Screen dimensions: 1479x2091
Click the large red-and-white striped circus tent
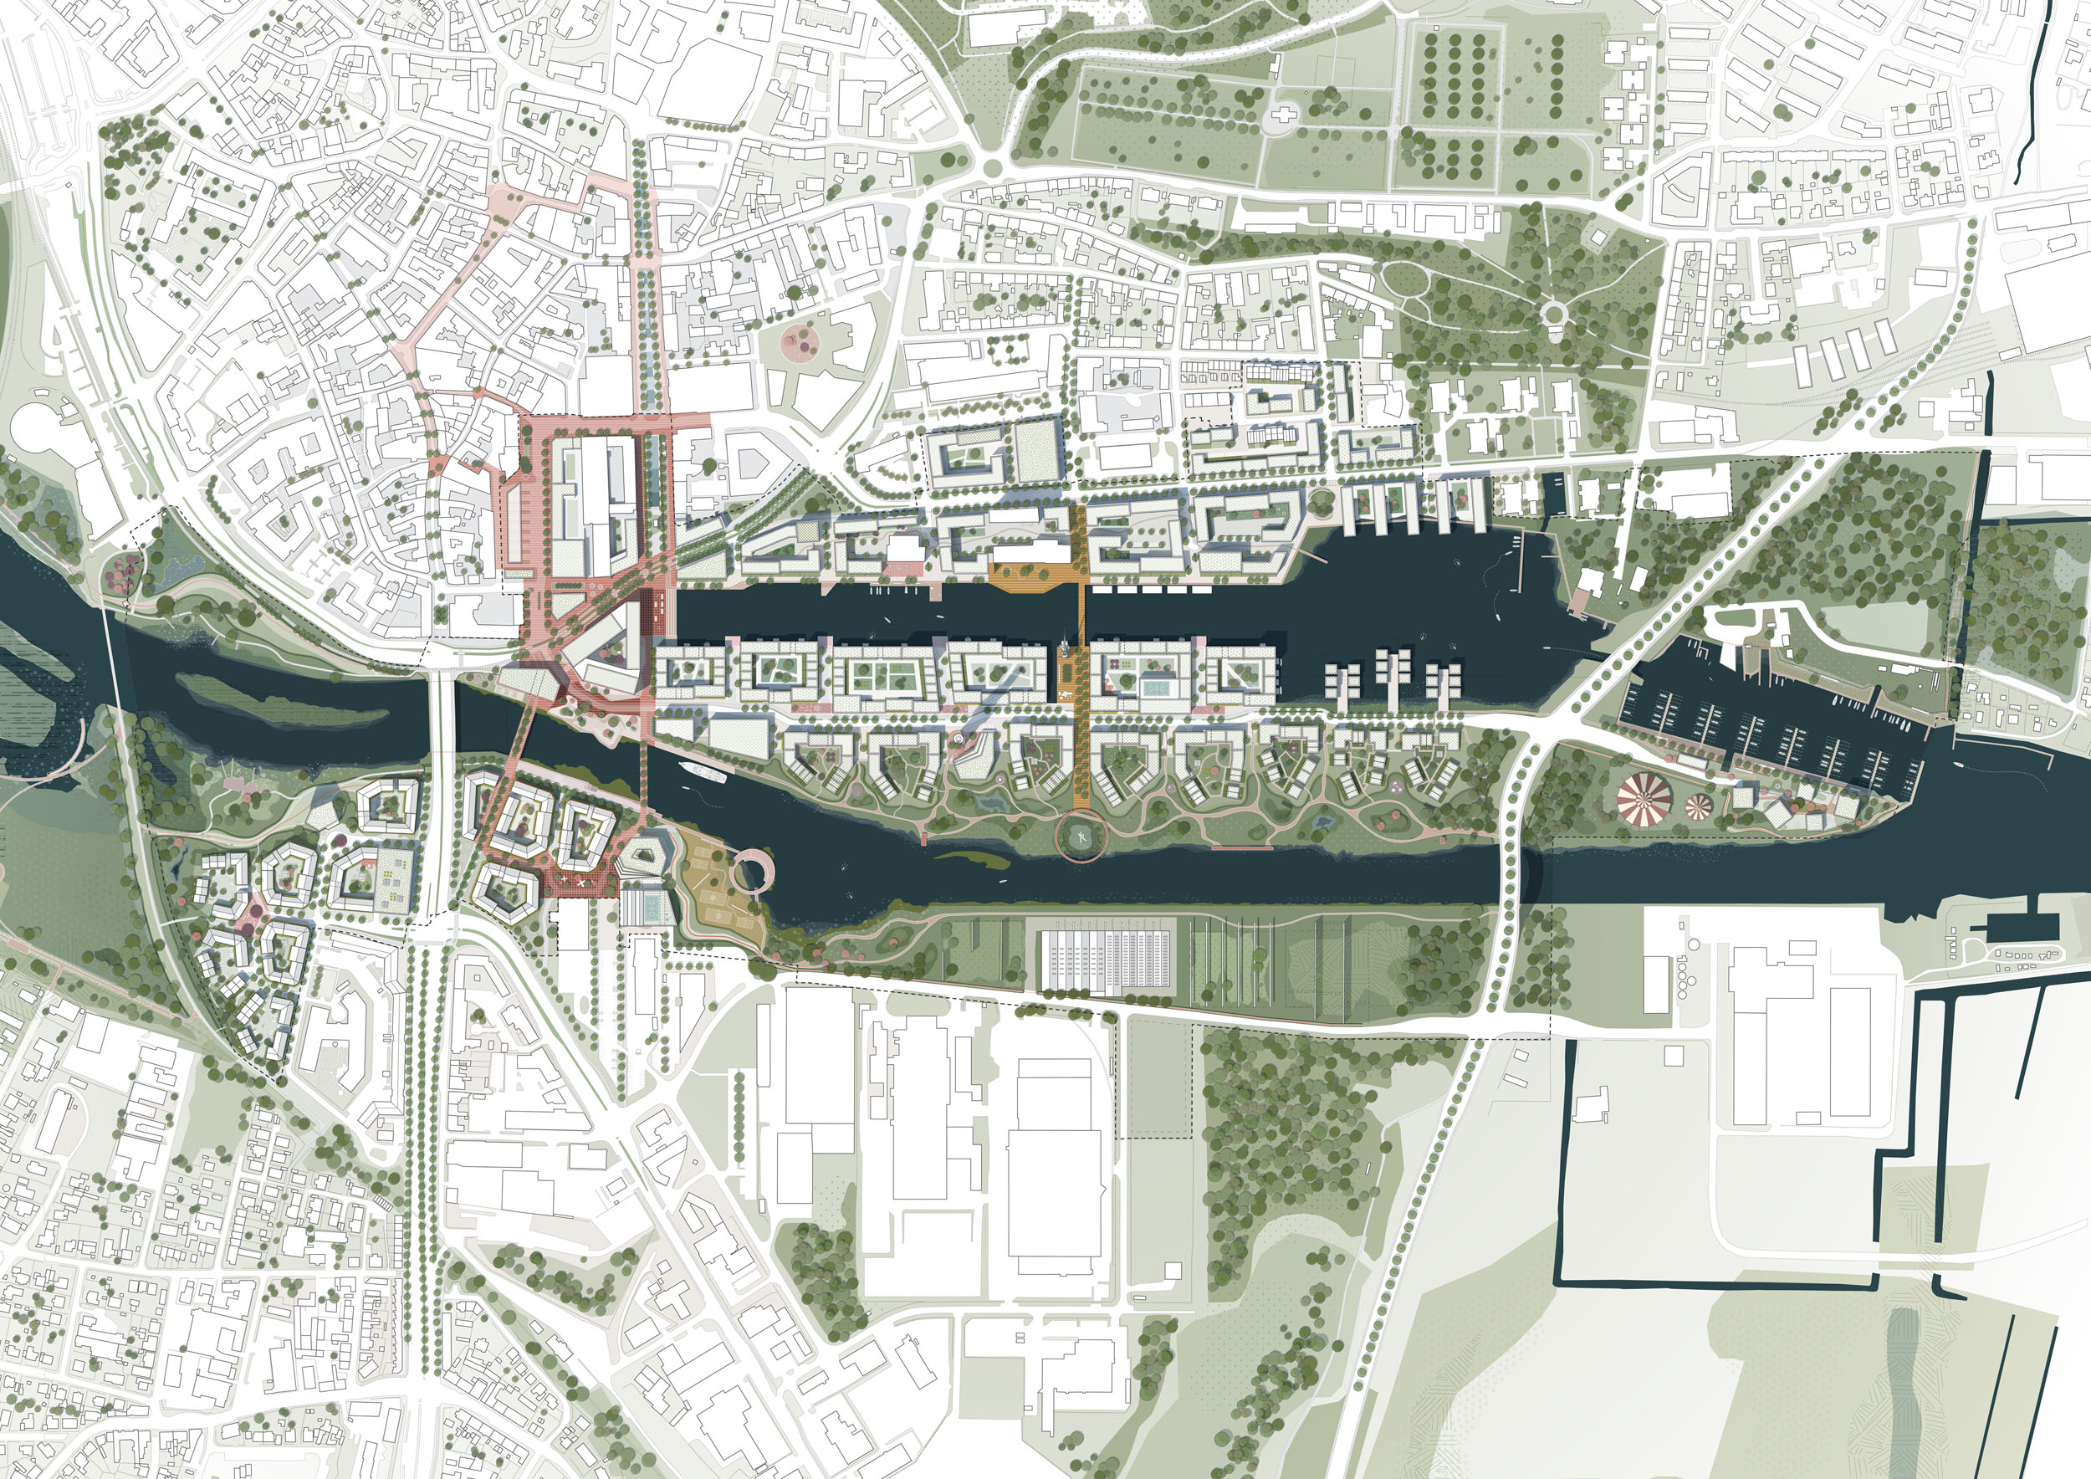(1644, 801)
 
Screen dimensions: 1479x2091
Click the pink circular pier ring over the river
(752, 873)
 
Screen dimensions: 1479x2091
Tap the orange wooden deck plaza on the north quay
(1032, 576)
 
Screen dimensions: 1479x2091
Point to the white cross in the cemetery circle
(1284, 115)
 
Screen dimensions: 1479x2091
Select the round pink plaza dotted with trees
(800, 342)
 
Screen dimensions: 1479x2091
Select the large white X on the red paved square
(576, 882)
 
